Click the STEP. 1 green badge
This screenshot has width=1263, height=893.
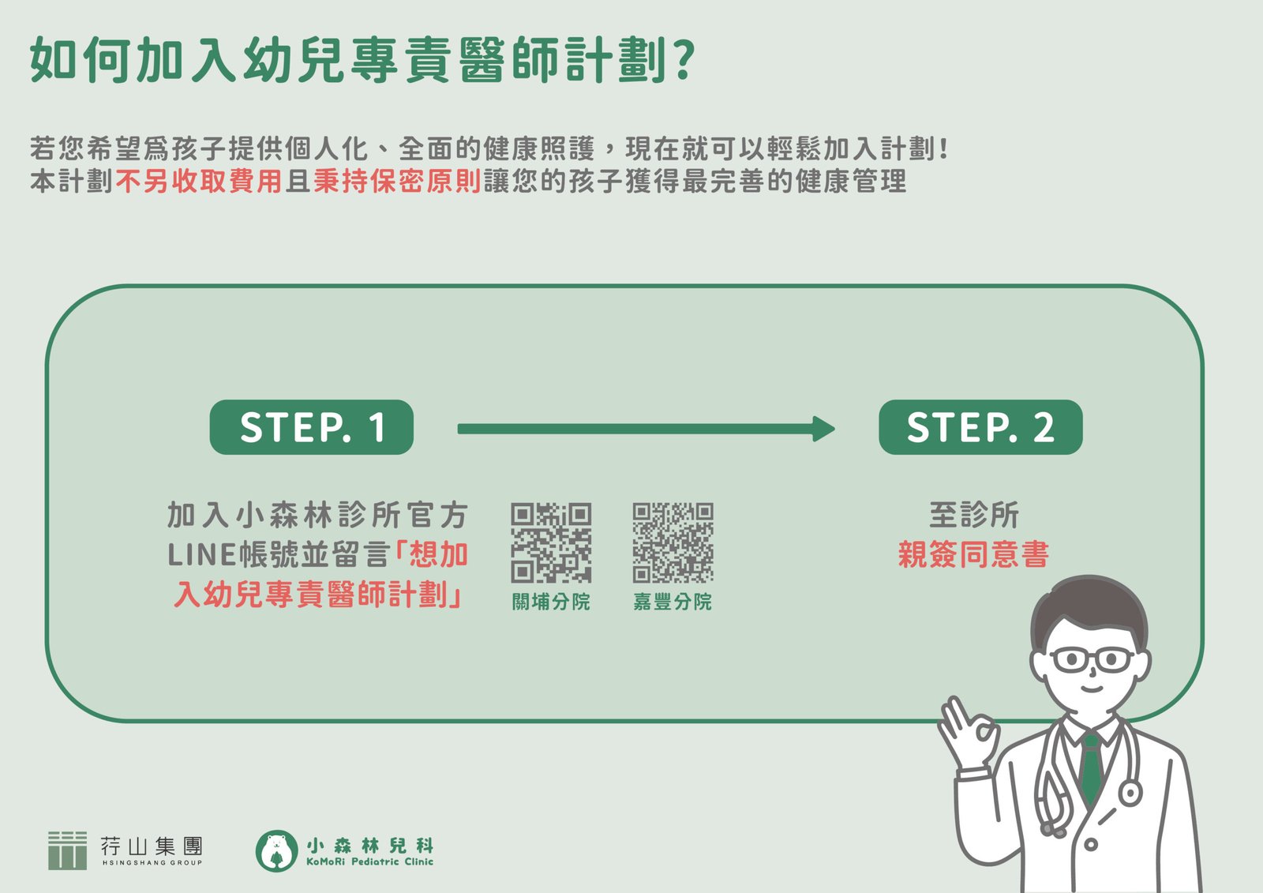click(x=311, y=427)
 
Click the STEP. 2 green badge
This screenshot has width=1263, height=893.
click(x=980, y=427)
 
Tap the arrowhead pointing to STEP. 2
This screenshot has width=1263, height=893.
click(x=824, y=429)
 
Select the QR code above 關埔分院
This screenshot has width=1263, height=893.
click(x=551, y=542)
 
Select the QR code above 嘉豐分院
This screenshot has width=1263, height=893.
click(x=673, y=542)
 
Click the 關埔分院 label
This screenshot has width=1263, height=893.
click(x=551, y=602)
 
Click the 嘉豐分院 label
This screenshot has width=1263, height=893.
click(x=673, y=602)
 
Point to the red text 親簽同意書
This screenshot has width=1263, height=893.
click(x=973, y=554)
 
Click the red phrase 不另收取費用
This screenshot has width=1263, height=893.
click(x=199, y=182)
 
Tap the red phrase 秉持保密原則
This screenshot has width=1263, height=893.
click(x=397, y=182)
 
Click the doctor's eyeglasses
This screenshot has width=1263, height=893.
click(x=1092, y=659)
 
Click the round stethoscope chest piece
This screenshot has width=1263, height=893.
click(x=1130, y=792)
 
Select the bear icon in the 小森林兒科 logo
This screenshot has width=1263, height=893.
click(x=276, y=850)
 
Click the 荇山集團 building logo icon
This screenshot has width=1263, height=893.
click(x=67, y=850)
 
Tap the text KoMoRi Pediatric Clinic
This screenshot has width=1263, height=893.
click(x=369, y=862)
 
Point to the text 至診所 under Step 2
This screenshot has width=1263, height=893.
click(x=973, y=515)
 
